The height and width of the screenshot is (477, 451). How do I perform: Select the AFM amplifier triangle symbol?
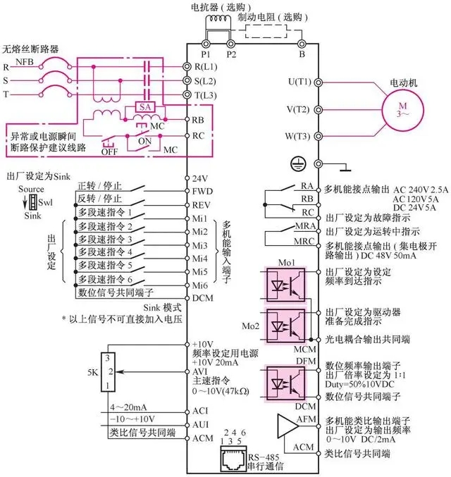pos(288,426)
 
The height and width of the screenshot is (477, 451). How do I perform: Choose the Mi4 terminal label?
pos(200,257)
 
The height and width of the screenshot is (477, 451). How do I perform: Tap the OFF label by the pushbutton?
pos(109,150)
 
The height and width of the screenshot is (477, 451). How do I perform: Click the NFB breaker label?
pos(45,62)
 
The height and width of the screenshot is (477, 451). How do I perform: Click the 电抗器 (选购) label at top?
pos(221,6)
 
